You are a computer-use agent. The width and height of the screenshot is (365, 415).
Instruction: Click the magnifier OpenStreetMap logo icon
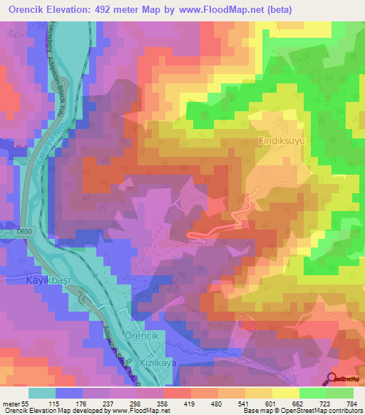point(331,379)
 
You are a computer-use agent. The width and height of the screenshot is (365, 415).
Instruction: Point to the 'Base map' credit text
point(259,411)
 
